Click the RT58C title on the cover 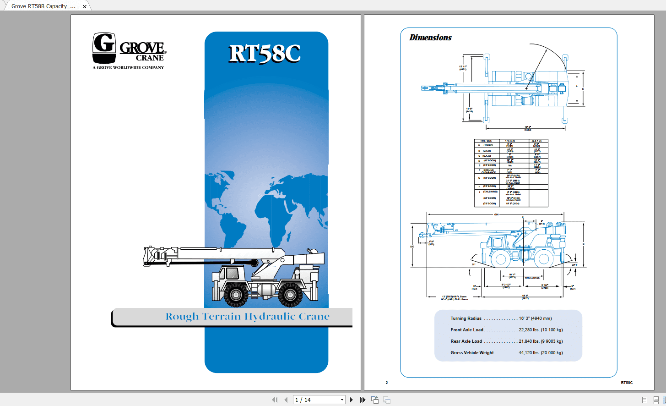265,54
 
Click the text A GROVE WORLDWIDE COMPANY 128,68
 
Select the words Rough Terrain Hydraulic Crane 247,317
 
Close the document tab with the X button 85,6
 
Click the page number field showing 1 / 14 318,400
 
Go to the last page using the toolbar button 363,400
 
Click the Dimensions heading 430,38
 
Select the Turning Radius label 466,318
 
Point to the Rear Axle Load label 466,341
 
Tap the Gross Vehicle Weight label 472,353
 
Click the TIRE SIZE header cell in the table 486,141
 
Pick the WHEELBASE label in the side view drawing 532,278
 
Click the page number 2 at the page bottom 387,383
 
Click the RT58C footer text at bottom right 627,383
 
